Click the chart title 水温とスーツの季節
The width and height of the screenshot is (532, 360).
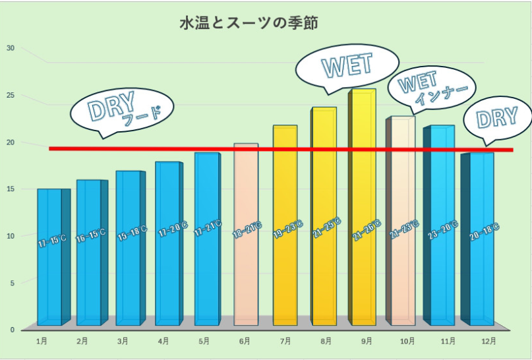[249, 24]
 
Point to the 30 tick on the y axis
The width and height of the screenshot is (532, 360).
[10, 48]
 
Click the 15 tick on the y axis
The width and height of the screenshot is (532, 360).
[10, 189]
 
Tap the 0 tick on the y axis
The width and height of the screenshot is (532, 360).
[11, 330]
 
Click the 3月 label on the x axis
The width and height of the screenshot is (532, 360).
[123, 342]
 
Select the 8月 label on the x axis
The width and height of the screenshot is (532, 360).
[326, 342]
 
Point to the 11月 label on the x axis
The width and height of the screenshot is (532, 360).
[448, 342]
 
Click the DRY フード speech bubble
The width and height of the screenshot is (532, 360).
[122, 109]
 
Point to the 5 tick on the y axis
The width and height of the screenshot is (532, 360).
[11, 283]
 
